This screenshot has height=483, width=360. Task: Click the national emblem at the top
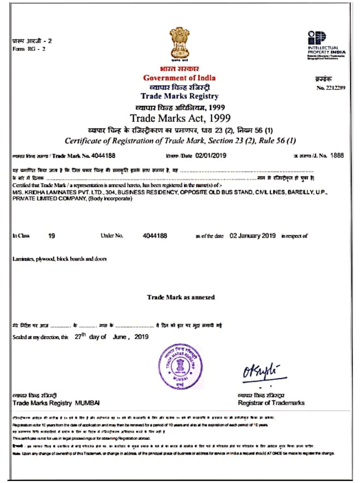(x=180, y=43)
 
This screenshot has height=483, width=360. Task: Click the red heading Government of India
(x=179, y=78)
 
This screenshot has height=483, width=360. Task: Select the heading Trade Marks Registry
(x=180, y=96)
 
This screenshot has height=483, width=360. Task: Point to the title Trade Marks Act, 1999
(x=180, y=118)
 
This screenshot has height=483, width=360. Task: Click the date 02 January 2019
(x=252, y=236)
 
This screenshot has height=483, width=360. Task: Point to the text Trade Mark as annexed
(x=181, y=297)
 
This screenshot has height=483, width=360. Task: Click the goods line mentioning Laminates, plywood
(x=60, y=259)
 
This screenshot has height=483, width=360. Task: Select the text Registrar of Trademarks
(x=271, y=403)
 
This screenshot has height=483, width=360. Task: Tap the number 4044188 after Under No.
(x=155, y=236)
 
